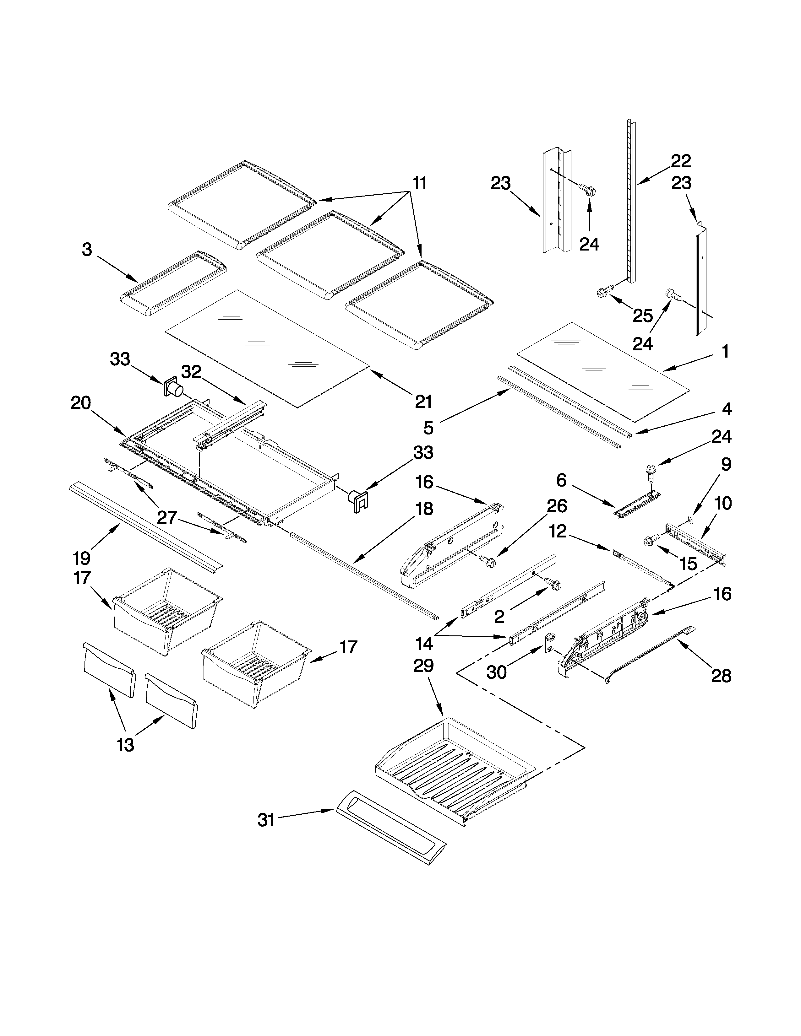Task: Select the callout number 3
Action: pos(87,250)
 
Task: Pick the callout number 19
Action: pos(82,558)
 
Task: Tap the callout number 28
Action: pos(721,676)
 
